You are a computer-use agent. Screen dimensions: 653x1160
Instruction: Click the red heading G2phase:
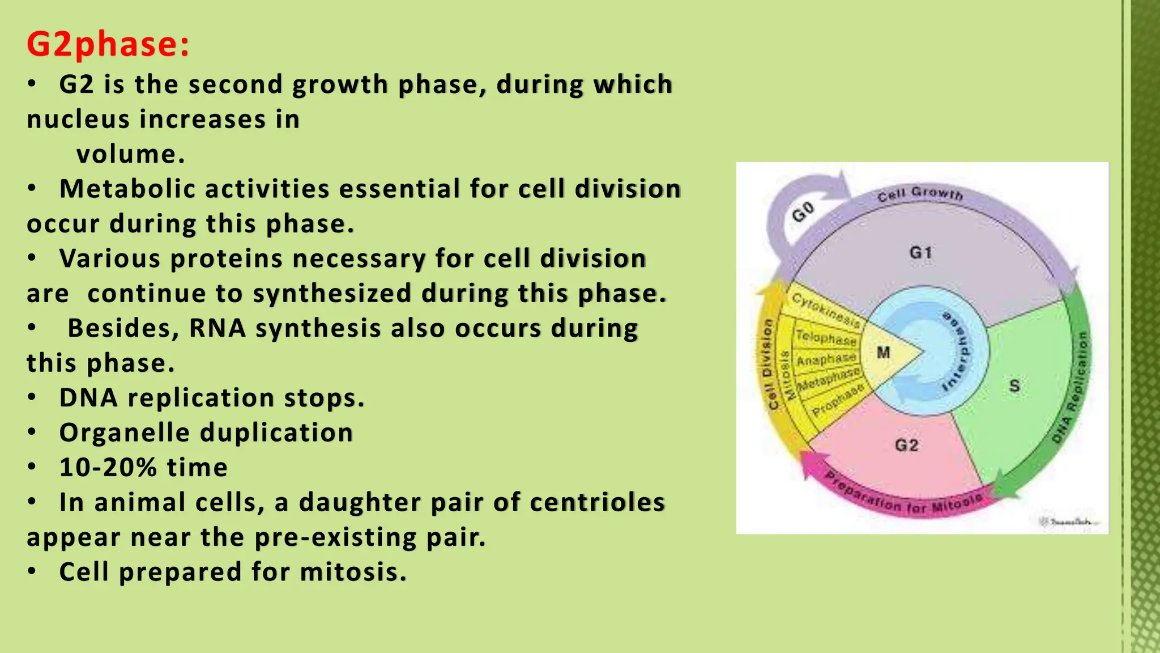click(x=108, y=44)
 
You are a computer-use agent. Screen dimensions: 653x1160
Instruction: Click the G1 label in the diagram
click(x=920, y=252)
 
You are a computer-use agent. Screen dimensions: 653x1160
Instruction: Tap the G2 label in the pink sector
click(x=906, y=445)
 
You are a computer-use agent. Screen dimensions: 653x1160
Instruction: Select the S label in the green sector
click(x=1014, y=386)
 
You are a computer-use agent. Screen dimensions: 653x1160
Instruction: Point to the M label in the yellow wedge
click(x=883, y=353)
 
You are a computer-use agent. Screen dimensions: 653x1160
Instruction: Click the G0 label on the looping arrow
click(x=803, y=212)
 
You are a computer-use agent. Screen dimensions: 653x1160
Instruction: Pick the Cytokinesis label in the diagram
click(x=825, y=309)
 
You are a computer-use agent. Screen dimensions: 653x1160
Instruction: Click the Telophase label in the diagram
click(x=826, y=337)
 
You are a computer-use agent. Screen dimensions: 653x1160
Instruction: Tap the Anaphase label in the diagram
click(x=826, y=359)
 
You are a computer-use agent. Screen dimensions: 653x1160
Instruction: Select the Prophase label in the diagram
click(x=838, y=400)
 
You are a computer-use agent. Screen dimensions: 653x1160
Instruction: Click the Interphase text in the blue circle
click(x=957, y=351)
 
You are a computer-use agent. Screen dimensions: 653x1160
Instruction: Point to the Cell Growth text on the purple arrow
click(x=920, y=194)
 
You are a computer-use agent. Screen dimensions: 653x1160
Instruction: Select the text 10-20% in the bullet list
click(x=108, y=468)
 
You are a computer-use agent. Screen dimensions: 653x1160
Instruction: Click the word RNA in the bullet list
click(x=217, y=328)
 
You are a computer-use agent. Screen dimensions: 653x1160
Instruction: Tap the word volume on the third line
click(x=130, y=154)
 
